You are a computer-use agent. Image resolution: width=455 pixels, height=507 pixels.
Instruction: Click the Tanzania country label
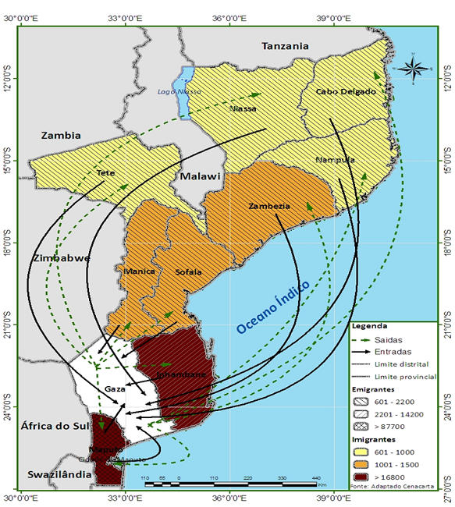click(x=285, y=46)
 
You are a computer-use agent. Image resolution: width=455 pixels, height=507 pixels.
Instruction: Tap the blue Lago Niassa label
click(x=173, y=91)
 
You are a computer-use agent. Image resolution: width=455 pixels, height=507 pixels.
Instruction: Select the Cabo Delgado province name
click(x=346, y=91)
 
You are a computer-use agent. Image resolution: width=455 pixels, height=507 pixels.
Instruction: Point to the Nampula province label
click(x=336, y=159)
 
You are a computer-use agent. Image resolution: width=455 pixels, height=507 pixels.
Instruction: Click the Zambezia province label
click(x=269, y=206)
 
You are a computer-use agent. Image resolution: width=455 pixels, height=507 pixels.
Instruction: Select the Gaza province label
click(x=115, y=388)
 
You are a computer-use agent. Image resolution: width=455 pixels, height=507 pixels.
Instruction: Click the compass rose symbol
click(x=414, y=68)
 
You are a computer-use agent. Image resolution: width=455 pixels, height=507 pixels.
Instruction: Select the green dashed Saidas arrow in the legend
click(x=365, y=339)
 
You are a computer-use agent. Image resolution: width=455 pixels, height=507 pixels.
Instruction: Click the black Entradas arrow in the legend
click(x=365, y=353)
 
